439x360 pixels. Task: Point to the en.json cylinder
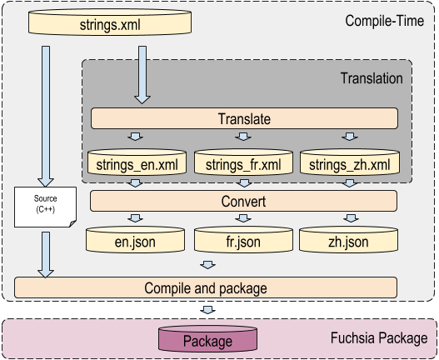(137, 242)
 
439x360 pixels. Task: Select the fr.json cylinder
(244, 242)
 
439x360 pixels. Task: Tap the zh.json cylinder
(350, 242)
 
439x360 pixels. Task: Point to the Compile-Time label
(384, 17)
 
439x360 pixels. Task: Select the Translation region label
(372, 78)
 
